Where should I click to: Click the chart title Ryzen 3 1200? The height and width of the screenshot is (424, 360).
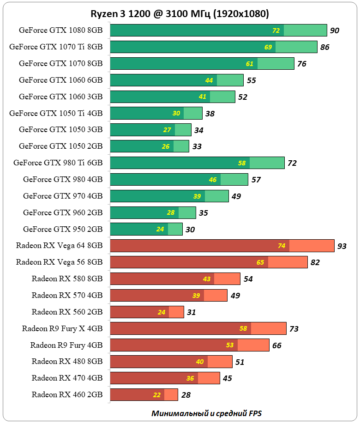pos(180,14)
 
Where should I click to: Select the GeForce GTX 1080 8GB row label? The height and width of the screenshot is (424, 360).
pos(60,30)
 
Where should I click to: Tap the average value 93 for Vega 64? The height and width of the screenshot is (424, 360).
pos(342,246)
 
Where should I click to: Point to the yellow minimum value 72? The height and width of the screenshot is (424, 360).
pos(276,30)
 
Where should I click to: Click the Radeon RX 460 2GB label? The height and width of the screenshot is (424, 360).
pos(67,394)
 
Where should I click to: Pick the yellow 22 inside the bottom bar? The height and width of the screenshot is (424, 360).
pos(157,395)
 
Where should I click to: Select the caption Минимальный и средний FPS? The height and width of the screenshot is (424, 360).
pos(210,413)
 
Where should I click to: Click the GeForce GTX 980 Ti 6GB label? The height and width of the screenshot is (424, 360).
pos(58,163)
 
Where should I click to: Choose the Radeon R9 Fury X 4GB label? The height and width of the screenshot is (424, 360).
pos(62,328)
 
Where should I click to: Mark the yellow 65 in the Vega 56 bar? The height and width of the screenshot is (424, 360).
pos(260,262)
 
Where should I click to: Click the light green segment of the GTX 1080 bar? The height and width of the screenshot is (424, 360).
pos(305,30)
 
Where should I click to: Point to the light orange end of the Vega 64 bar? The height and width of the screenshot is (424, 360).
pos(312,246)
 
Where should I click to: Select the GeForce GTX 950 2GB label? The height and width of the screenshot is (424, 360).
pos(63,229)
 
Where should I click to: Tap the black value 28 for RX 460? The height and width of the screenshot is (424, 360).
pos(186,395)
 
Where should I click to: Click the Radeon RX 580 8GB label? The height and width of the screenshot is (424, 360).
pos(67,279)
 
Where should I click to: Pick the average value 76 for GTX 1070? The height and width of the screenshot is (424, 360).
pos(302,64)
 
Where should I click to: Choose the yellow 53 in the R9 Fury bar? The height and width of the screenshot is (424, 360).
pos(230,345)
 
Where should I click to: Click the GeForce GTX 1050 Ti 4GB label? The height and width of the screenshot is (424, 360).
pos(56,113)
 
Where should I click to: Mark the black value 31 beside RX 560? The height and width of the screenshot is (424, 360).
pos(192,312)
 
